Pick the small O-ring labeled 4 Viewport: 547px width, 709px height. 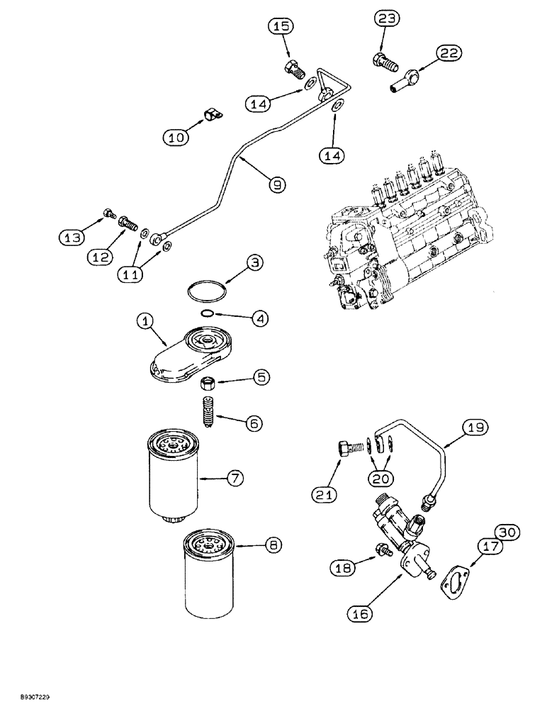[206, 313]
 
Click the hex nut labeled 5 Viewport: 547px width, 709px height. [208, 384]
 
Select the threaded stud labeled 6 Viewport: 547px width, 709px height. [209, 413]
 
